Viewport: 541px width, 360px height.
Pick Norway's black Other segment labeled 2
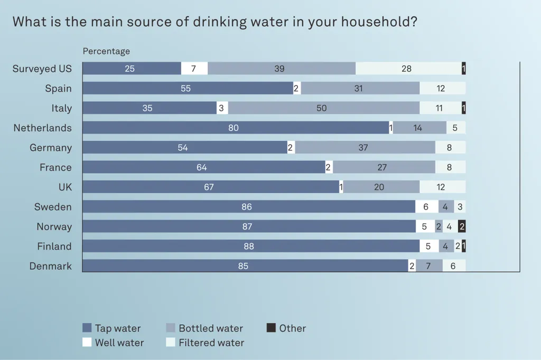click(x=462, y=226)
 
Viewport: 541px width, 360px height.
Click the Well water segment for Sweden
click(x=426, y=207)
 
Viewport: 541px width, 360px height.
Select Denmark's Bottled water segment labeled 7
click(x=429, y=266)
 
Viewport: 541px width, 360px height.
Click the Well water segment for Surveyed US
click(x=194, y=69)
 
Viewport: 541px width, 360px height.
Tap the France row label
click(x=55, y=167)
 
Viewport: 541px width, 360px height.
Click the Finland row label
click(x=54, y=247)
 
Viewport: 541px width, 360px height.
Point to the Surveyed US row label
click(x=42, y=69)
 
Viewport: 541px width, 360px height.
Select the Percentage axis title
click(x=106, y=51)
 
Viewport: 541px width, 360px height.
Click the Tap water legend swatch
click(x=87, y=328)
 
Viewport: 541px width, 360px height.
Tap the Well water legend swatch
click(x=87, y=343)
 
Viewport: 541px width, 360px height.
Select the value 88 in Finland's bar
click(x=248, y=247)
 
